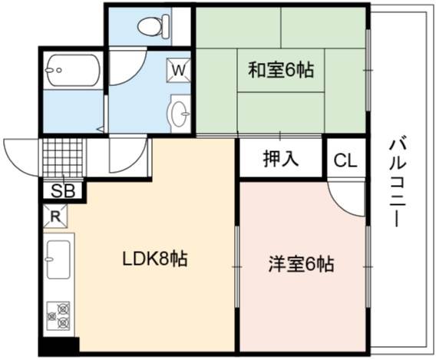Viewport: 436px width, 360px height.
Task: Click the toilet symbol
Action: click(154, 26)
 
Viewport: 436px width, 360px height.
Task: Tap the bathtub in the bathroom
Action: click(74, 71)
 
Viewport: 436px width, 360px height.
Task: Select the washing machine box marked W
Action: click(178, 70)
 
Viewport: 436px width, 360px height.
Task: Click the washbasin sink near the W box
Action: click(180, 114)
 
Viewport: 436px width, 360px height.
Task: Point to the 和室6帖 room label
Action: click(281, 70)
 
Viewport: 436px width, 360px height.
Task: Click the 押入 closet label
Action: click(281, 159)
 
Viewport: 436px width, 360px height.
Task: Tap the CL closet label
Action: click(345, 160)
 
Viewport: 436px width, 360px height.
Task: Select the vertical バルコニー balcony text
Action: click(398, 183)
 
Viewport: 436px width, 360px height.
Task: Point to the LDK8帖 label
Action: click(155, 259)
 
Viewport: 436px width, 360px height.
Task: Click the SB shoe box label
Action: click(63, 190)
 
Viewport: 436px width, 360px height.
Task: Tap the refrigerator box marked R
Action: click(55, 216)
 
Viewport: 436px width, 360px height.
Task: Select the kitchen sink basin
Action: click(58, 259)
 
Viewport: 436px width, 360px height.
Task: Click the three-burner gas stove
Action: click(58, 315)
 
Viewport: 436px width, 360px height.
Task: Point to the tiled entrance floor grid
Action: click(63, 157)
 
